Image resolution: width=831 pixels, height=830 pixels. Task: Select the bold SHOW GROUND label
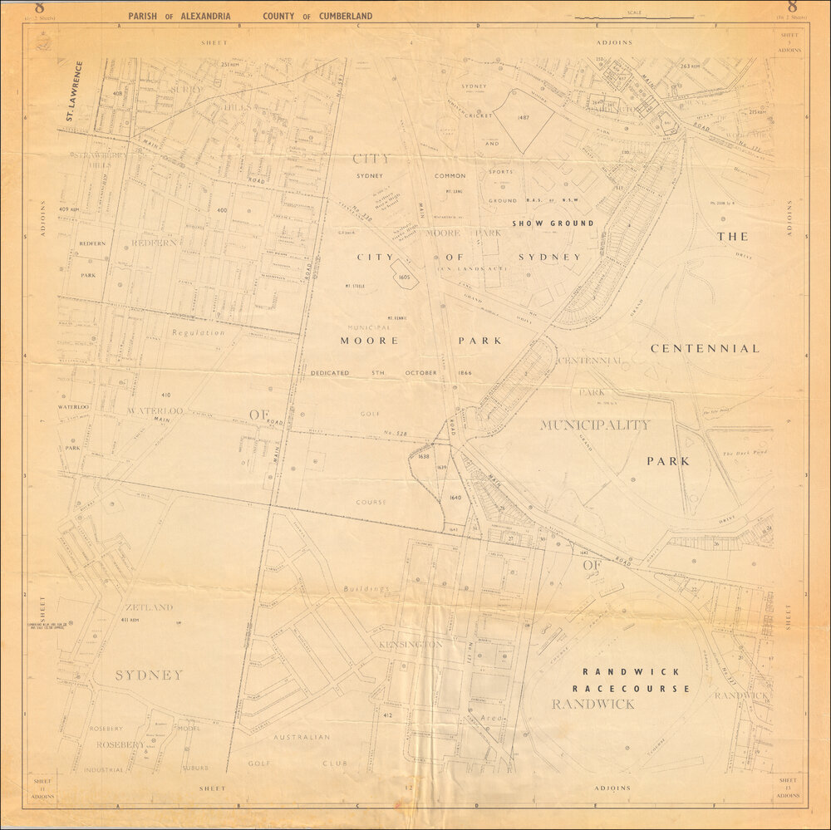click(553, 223)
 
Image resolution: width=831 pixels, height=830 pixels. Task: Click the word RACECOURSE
click(632, 688)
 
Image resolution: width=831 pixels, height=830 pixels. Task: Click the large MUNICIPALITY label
click(594, 425)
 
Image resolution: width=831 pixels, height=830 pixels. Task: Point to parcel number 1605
click(405, 277)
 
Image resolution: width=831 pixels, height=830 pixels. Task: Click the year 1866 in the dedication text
click(464, 373)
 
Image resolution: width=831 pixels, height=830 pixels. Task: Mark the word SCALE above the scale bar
click(636, 12)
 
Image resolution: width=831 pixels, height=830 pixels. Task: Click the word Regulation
click(198, 332)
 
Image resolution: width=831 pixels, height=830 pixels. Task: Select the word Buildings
click(363, 589)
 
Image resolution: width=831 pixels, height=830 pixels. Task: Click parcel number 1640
click(455, 498)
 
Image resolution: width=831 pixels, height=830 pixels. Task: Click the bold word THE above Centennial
click(732, 236)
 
